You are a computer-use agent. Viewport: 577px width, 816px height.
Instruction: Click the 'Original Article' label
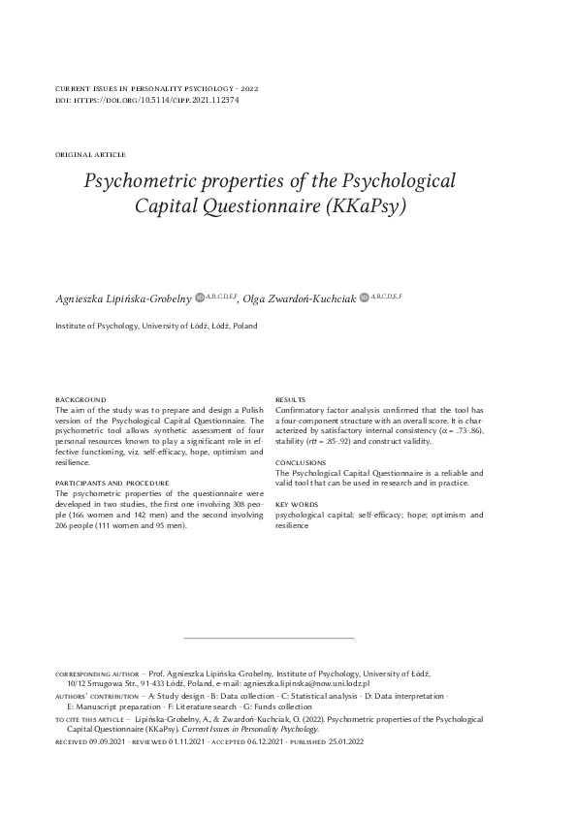tap(91, 155)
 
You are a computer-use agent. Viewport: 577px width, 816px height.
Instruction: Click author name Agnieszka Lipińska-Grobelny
tap(124, 298)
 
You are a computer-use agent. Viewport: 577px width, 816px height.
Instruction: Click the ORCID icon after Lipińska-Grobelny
tap(201, 298)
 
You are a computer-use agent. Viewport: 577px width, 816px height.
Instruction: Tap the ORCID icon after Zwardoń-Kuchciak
tap(364, 297)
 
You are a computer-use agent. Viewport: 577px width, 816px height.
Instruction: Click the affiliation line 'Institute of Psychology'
tap(156, 327)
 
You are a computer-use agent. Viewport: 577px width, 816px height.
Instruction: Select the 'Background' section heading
tap(80, 400)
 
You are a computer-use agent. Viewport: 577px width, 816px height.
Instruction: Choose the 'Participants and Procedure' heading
tap(112, 483)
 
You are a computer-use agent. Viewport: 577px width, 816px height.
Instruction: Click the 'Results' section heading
tap(291, 400)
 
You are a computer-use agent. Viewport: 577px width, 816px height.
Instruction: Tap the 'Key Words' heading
tap(296, 504)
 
